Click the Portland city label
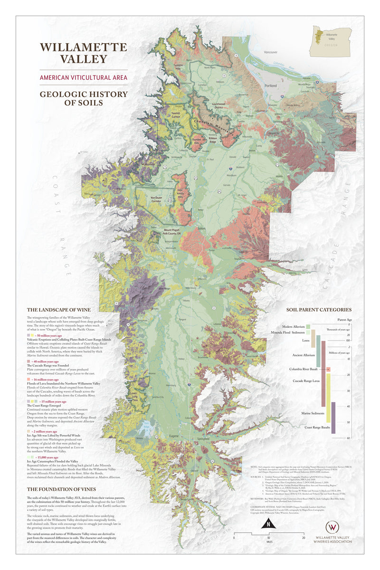(271, 86)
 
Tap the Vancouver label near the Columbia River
(270, 51)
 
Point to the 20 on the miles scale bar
(304, 538)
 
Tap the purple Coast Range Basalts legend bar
(333, 418)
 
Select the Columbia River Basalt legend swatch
(328, 369)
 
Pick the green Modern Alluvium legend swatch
(308, 326)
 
